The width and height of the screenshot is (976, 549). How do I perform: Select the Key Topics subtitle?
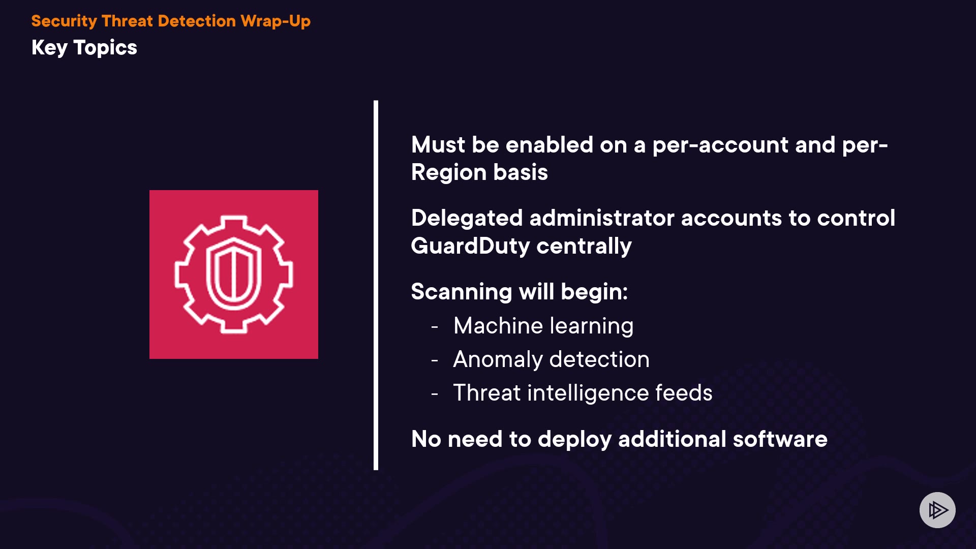click(x=84, y=48)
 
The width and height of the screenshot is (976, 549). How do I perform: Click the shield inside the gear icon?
click(x=233, y=274)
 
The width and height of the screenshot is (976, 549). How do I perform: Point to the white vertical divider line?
click(x=376, y=285)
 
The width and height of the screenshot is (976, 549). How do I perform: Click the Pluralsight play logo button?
click(x=937, y=510)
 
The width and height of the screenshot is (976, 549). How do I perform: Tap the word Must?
click(x=438, y=145)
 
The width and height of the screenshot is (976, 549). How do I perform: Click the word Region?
click(x=449, y=172)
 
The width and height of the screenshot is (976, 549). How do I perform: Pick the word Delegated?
click(x=467, y=218)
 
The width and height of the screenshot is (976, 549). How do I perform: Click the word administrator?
click(x=602, y=218)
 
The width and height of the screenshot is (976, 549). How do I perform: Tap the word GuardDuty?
click(x=470, y=246)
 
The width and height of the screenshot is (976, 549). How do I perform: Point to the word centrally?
click(x=584, y=246)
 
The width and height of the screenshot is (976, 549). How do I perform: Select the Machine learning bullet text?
click(x=543, y=326)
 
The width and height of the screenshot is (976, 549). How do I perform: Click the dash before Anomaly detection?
click(x=435, y=360)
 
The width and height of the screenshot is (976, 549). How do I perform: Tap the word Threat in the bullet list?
click(x=486, y=393)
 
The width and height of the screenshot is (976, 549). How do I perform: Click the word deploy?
click(x=574, y=439)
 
